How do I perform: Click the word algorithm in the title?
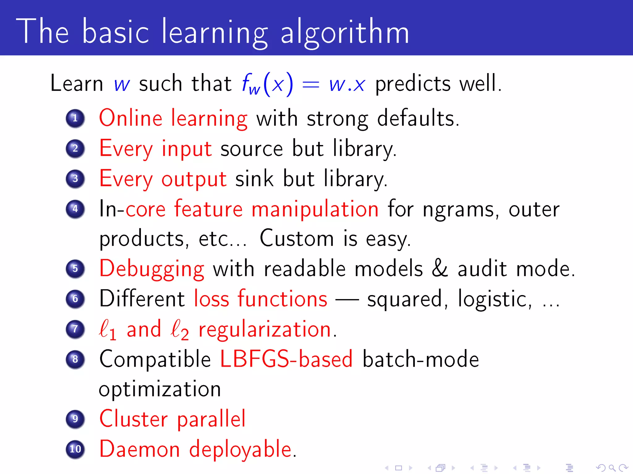coord(345,32)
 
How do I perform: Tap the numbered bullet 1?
coord(75,118)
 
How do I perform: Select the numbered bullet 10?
coord(75,449)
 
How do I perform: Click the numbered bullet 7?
coord(75,329)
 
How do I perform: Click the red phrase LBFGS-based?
coord(286,359)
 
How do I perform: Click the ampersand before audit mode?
coord(440,268)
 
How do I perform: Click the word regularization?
coord(265,330)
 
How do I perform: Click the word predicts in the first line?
coord(413,84)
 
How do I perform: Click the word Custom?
coord(297,239)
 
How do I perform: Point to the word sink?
coord(254,179)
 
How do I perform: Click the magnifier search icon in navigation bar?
coord(612,468)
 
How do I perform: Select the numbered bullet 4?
coord(75,209)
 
